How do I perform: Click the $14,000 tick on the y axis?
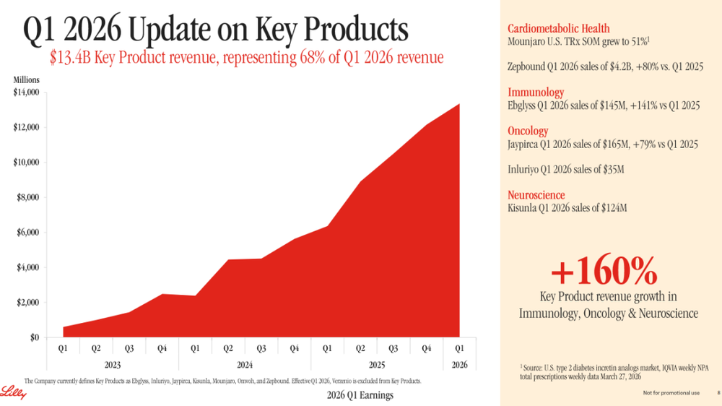[26, 92]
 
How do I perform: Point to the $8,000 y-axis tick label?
[27, 197]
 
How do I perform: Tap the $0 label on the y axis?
[35, 337]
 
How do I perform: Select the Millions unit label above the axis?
[26, 80]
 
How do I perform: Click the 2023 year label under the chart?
[113, 365]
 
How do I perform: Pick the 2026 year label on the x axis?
[459, 365]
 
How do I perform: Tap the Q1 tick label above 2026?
[459, 348]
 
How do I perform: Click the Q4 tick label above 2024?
[295, 348]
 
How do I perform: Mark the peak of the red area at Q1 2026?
[459, 104]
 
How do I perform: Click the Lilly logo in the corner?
[13, 392]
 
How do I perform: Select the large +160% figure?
[604, 270]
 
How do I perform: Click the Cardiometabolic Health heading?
[559, 29]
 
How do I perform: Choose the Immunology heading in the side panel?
[536, 92]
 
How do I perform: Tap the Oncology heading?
[528, 131]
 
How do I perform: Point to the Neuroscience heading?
[536, 195]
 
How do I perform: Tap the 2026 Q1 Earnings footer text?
[360, 395]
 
